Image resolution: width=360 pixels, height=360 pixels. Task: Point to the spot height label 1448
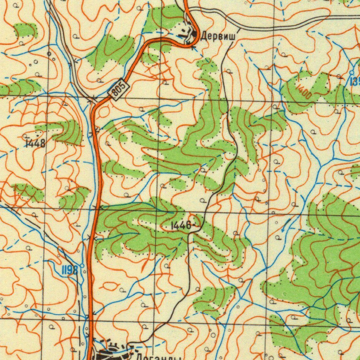pyautogui.click(x=35, y=143)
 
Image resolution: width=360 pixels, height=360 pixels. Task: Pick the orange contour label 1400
pyautogui.click(x=303, y=92)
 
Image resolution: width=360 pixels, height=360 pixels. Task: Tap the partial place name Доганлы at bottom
pyautogui.click(x=158, y=356)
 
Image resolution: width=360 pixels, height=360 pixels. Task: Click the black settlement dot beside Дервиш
pyautogui.click(x=195, y=34)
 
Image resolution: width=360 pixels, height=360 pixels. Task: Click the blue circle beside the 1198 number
pyautogui.click(x=82, y=266)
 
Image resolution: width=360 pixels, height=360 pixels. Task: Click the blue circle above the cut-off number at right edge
pyautogui.click(x=352, y=72)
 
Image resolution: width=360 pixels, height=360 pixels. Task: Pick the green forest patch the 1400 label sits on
pyautogui.click(x=316, y=92)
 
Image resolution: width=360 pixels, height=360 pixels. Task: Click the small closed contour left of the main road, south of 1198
pyautogui.click(x=110, y=285)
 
